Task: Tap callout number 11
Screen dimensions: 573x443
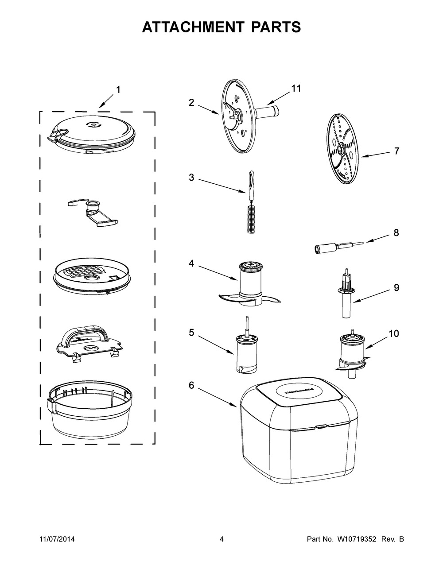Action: pos(295,89)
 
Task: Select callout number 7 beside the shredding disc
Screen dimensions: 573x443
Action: pos(396,151)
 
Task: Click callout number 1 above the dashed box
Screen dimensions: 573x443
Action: pos(118,89)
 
